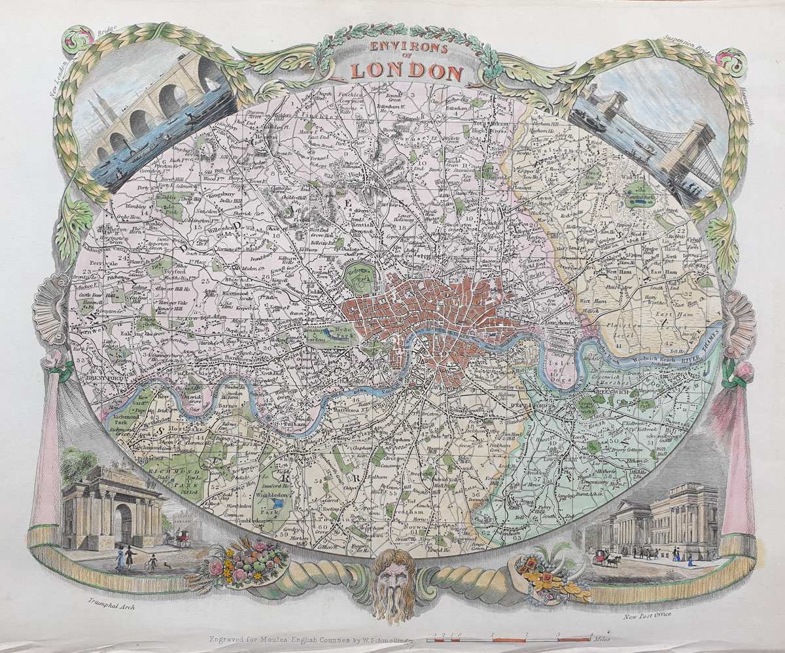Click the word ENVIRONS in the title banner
coord(408,48)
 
